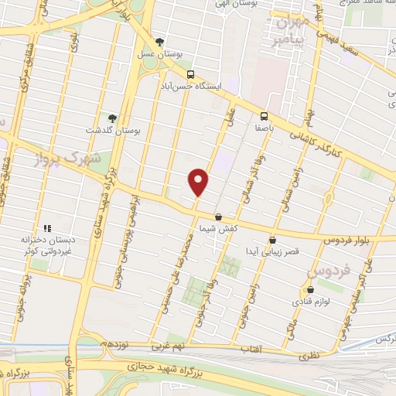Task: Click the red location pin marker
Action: (x=199, y=182)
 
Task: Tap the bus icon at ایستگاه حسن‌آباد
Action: (x=190, y=75)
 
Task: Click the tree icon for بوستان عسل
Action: (x=159, y=42)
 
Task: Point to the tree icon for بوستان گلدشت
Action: (x=113, y=118)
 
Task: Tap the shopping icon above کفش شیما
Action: (x=218, y=217)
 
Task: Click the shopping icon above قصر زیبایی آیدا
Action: (x=271, y=240)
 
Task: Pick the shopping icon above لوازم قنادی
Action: (x=309, y=289)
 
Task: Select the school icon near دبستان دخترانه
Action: (x=46, y=229)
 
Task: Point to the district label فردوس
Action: (x=329, y=271)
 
